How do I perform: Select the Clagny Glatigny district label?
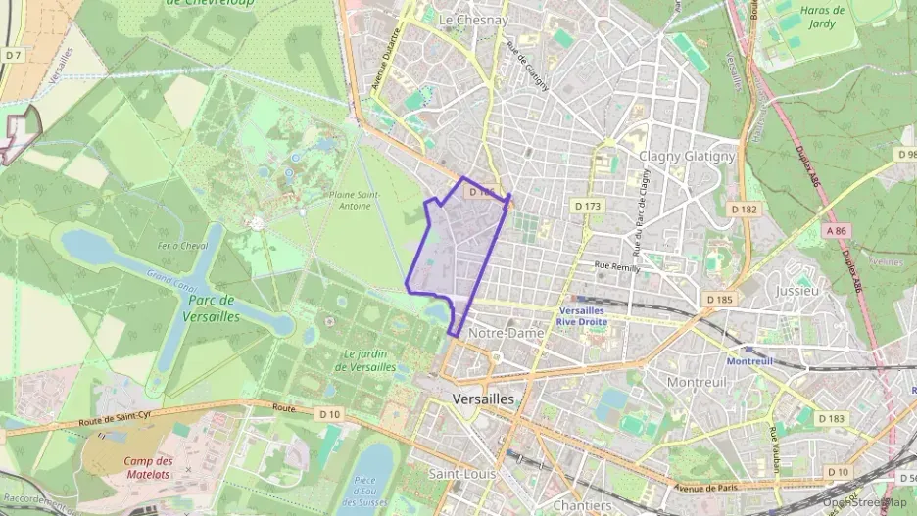pyautogui.click(x=686, y=156)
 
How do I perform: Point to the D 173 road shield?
pyautogui.click(x=586, y=206)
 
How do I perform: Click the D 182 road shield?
pyautogui.click(x=744, y=210)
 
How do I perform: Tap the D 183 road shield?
pyautogui.click(x=830, y=419)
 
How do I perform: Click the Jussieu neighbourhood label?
pyautogui.click(x=796, y=291)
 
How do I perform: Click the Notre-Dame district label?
pyautogui.click(x=506, y=333)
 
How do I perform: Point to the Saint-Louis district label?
pyautogui.click(x=462, y=473)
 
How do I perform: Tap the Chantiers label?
pyautogui.click(x=582, y=505)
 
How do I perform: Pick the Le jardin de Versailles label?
pyautogui.click(x=369, y=360)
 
